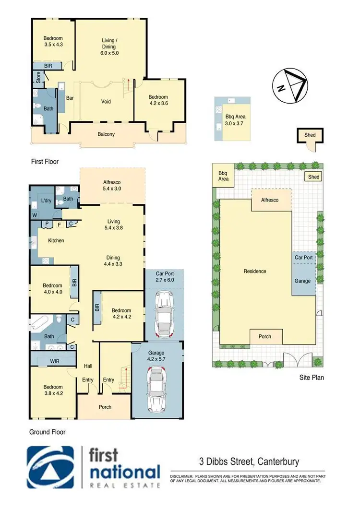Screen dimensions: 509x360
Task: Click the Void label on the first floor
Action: (106, 102)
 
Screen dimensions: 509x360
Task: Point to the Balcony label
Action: (107, 134)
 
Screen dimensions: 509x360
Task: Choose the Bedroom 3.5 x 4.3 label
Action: (53, 41)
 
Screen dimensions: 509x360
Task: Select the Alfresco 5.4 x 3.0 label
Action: (112, 186)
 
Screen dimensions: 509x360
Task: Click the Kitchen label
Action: (56, 240)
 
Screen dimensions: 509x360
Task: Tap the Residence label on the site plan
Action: (254, 271)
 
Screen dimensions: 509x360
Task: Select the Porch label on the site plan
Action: (265, 336)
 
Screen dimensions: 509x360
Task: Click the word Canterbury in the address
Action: (278, 462)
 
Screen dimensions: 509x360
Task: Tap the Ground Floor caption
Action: (47, 432)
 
